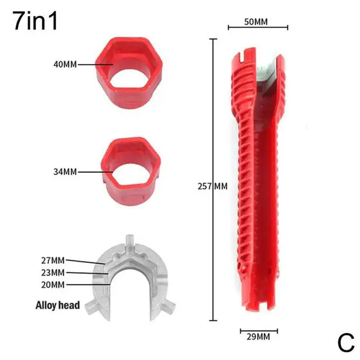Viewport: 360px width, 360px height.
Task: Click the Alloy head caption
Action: pos(57,306)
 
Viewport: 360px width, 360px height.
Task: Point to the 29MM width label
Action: pos(258,337)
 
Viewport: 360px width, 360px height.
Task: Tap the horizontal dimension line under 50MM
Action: pos(258,27)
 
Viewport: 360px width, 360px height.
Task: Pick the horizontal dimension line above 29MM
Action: pos(258,330)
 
